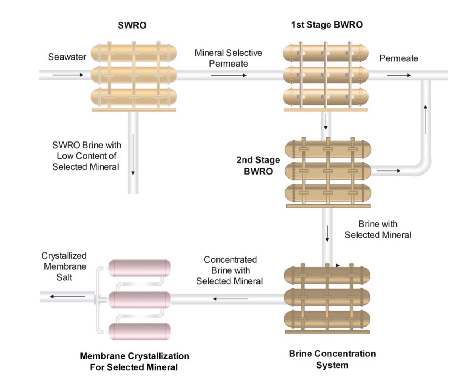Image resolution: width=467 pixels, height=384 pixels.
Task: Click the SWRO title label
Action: (132, 25)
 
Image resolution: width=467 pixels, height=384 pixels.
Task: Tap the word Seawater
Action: (67, 57)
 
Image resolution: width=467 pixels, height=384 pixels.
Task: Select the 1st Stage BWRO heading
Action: (327, 25)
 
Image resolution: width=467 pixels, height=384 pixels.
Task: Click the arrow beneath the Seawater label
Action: (68, 75)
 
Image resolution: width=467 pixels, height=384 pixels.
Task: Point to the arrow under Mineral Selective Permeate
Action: (229, 75)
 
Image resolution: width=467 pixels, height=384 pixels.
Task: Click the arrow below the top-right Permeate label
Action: (399, 75)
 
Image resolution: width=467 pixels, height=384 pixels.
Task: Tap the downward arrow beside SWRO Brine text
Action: (133, 154)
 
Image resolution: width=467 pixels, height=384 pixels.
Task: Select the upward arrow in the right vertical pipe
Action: (425, 119)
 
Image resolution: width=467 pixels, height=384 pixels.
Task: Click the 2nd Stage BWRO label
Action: (258, 165)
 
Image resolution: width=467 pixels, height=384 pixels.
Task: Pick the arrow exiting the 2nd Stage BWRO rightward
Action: (389, 171)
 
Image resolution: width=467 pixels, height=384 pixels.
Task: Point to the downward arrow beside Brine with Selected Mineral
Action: (327, 234)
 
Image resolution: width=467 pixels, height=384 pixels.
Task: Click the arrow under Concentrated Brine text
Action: (230, 299)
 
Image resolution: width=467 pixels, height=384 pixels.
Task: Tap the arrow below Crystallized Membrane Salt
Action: (68, 297)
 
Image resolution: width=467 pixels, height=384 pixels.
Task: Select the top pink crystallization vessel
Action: (140, 268)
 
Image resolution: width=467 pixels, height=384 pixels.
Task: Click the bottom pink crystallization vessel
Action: (140, 331)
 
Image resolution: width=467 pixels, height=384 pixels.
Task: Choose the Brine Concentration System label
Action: (332, 359)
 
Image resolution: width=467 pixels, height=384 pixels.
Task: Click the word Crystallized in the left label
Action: (64, 256)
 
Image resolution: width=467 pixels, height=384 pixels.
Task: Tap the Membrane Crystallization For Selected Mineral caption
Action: (134, 362)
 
